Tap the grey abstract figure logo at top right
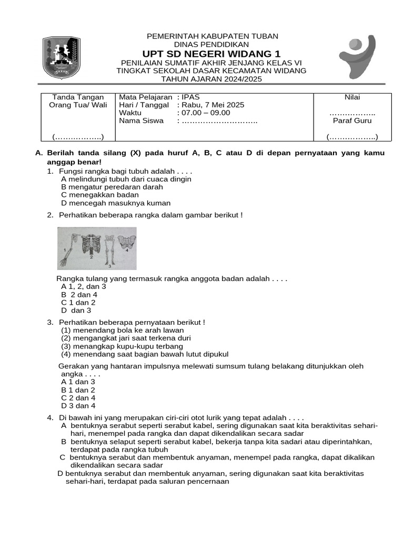357,56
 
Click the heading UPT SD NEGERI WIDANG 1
211,54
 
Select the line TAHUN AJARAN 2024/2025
211,79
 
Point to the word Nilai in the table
352,97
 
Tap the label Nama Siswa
142,121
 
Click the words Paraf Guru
352,121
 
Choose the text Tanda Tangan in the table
78,97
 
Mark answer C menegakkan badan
100,195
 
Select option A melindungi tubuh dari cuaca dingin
126,179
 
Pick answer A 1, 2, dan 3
84,286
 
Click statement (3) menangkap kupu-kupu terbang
122,346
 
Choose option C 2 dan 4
78,398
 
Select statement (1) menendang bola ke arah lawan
122,330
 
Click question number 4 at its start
49,417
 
